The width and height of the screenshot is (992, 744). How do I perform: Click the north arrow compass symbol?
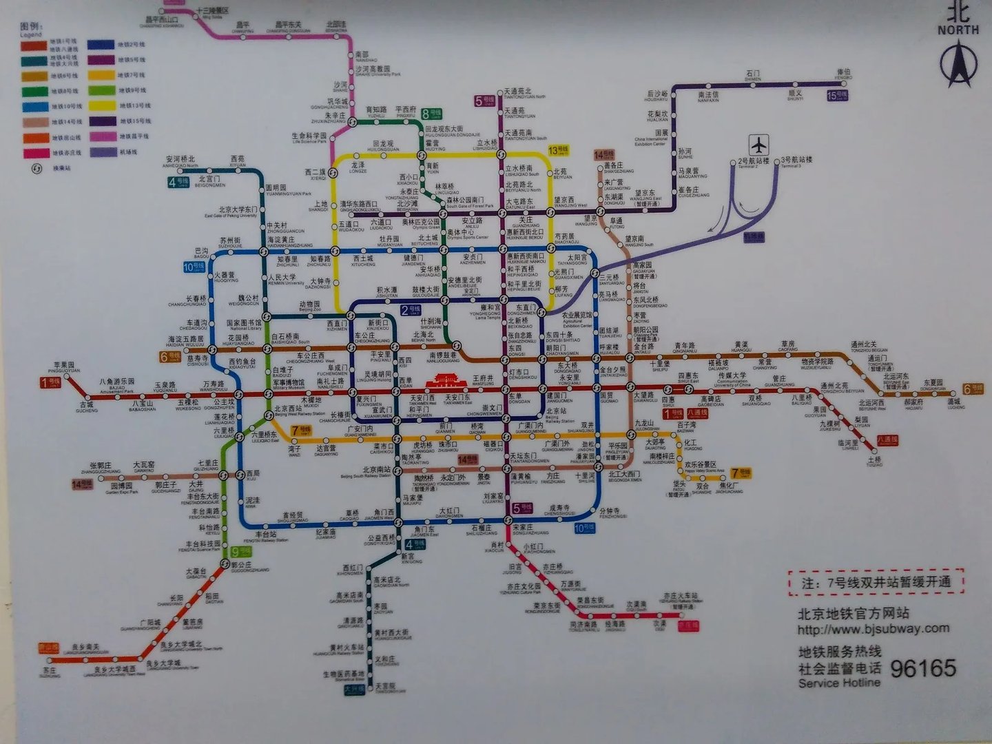tap(958, 64)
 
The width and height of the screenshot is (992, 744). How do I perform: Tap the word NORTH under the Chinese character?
tap(958, 30)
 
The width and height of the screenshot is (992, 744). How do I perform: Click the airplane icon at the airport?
tap(758, 145)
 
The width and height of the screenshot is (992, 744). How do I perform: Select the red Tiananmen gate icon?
tap(445, 380)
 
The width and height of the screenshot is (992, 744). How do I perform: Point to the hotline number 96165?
tap(923, 668)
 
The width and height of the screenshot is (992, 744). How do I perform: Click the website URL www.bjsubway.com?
tap(874, 628)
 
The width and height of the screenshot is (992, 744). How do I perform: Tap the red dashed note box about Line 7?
tap(876, 582)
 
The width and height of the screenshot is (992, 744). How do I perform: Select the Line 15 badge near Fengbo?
tap(836, 96)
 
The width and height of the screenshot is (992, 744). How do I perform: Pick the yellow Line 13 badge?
tap(558, 150)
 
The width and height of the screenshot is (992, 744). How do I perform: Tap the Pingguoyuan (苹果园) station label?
tap(64, 366)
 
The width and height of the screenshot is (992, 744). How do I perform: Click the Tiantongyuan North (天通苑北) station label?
tap(517, 92)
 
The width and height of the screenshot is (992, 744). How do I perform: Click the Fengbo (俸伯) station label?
tap(843, 72)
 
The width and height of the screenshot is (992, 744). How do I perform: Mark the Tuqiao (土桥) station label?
tap(874, 459)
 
